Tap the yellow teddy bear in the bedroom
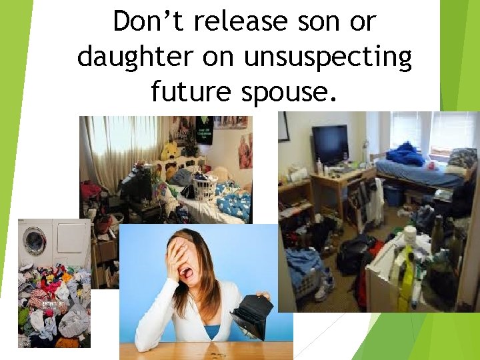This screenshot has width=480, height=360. [171, 152]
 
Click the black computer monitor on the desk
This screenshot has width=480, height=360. [331, 144]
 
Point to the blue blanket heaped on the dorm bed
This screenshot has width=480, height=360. [405, 155]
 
